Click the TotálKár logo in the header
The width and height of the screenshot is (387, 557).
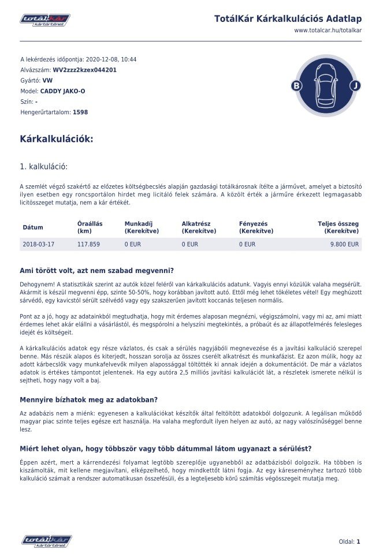click(x=45, y=20)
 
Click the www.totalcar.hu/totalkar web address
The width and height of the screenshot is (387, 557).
click(x=328, y=30)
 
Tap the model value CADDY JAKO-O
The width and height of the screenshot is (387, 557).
click(x=62, y=91)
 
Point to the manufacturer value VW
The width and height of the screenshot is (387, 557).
click(x=47, y=80)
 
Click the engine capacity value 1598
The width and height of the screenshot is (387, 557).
click(x=80, y=113)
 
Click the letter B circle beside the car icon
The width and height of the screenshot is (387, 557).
click(x=297, y=86)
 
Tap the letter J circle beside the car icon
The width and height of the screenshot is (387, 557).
click(x=355, y=86)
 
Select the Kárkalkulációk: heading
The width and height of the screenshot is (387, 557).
click(x=56, y=139)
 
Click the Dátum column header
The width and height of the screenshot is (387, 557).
click(x=33, y=227)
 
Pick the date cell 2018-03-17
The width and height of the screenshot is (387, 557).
click(x=39, y=244)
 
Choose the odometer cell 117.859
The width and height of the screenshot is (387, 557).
click(x=88, y=244)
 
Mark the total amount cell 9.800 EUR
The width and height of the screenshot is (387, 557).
click(x=344, y=244)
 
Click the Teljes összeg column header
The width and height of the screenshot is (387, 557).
click(x=338, y=227)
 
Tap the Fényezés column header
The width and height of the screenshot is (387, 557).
click(x=256, y=227)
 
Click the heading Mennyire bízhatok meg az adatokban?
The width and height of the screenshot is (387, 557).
click(x=89, y=399)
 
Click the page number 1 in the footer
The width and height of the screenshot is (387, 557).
click(x=358, y=541)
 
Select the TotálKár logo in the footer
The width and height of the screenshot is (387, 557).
click(x=47, y=541)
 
